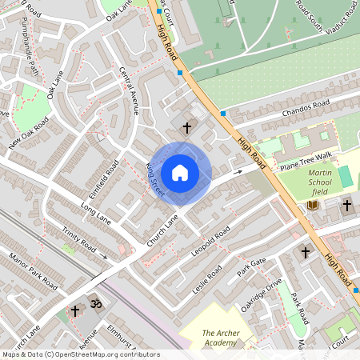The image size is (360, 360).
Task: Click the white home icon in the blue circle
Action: point(180,172)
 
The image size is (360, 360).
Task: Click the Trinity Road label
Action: point(79,238)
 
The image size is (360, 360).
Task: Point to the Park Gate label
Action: point(251,267)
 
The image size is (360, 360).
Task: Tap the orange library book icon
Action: point(312,206)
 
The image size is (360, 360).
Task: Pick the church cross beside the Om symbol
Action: point(76,310)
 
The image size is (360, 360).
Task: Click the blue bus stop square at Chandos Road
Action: point(222,114)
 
